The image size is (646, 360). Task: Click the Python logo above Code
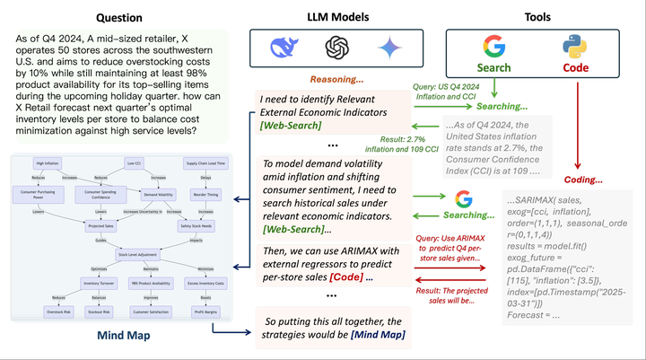(575, 46)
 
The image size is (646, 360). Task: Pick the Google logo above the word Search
(494, 47)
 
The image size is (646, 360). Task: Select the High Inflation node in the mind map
(48, 163)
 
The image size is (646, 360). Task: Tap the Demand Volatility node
(160, 193)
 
